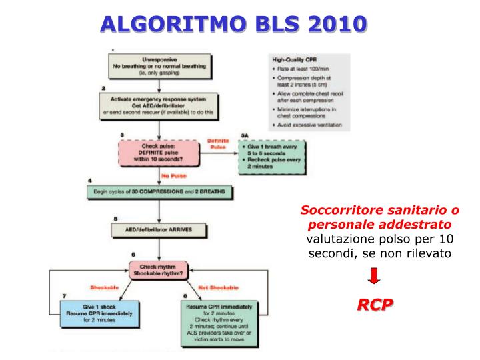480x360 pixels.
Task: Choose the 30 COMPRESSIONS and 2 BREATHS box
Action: (x=159, y=192)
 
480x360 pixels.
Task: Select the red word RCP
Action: (x=375, y=305)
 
